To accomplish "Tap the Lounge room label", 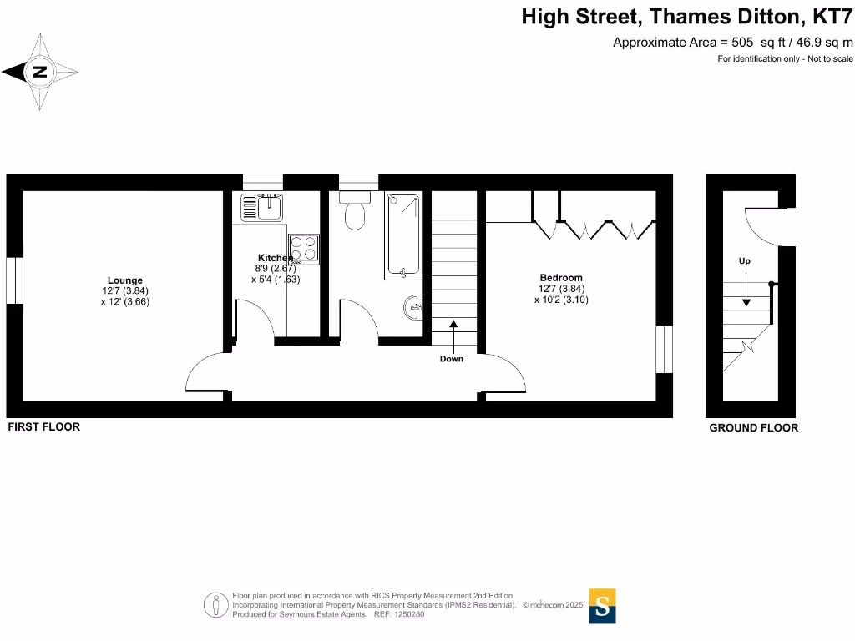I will click(124, 280).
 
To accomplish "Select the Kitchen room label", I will click(275, 258).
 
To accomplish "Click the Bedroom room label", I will click(561, 278).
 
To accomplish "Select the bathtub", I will click(402, 235).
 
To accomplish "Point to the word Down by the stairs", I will click(451, 359).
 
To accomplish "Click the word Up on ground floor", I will click(744, 261).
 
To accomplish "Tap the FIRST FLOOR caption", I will click(44, 426).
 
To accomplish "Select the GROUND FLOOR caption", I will click(753, 427).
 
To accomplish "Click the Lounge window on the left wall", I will click(14, 280).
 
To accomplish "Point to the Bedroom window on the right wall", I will click(664, 350).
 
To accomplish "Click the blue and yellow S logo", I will click(603, 606).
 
